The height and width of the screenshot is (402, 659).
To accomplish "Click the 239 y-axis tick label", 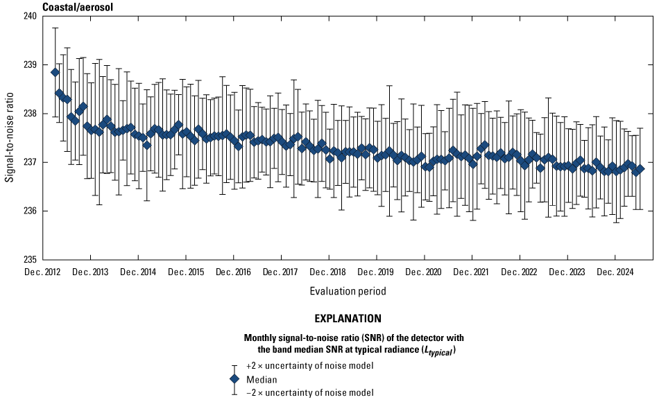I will pos(30,65).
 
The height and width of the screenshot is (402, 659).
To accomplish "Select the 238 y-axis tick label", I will pos(30,114).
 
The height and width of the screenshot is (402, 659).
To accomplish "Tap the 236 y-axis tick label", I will pos(30,211).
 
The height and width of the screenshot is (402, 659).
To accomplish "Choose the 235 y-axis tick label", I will pos(30,260).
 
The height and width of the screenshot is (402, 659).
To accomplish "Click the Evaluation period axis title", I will pos(348,291).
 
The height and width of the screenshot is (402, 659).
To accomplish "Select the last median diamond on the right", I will pos(640,169).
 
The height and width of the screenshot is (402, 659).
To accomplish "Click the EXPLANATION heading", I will pos(348,320).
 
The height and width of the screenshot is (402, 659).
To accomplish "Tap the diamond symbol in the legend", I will pos(234,379).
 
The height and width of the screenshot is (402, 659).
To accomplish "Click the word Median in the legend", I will pos(262,379).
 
